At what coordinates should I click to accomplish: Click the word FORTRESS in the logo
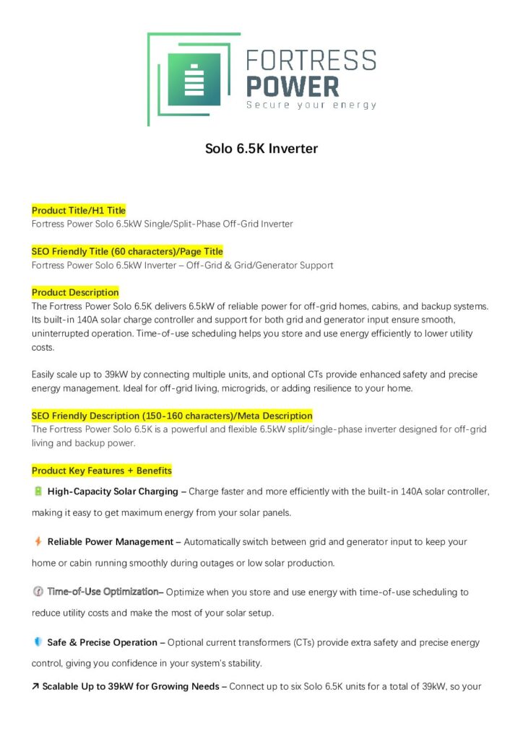[x=311, y=61]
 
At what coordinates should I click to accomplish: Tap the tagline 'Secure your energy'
[x=311, y=105]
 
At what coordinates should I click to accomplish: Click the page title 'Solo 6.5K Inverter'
[x=261, y=149]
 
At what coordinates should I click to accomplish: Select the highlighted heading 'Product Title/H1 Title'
[x=79, y=210]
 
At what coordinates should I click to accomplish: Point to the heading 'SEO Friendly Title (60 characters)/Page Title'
[x=127, y=251]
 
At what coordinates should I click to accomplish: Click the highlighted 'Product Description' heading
[x=75, y=292]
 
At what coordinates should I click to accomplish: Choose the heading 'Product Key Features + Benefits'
[x=102, y=471]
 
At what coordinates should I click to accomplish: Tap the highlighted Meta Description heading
[x=172, y=416]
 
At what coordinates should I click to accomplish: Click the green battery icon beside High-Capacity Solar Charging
[x=38, y=491]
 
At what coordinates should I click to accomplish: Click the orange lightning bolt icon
[x=38, y=541]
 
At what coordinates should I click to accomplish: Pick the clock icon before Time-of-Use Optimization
[x=38, y=592]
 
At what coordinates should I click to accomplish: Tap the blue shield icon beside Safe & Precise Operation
[x=38, y=642]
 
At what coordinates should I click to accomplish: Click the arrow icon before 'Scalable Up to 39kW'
[x=35, y=686]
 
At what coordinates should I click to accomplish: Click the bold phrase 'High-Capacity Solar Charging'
[x=113, y=491]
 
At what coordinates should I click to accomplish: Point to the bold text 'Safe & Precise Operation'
[x=102, y=642]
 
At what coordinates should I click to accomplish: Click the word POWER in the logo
[x=293, y=86]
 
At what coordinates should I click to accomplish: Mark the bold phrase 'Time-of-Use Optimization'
[x=103, y=592]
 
